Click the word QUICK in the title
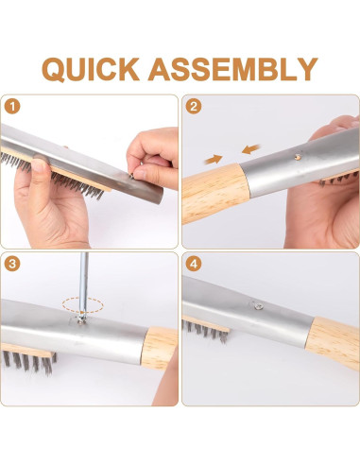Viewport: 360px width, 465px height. click(91, 69)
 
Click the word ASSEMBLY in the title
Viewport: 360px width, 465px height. click(232, 69)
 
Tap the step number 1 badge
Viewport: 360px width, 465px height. click(12, 107)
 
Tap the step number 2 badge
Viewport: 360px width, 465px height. click(194, 107)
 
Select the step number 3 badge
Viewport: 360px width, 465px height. click(12, 264)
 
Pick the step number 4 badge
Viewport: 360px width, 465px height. click(194, 264)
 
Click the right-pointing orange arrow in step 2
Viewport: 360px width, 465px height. click(214, 160)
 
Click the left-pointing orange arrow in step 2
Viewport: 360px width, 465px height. click(251, 149)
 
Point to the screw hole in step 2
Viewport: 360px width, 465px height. click(297, 156)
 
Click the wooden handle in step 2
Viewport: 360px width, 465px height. click(215, 193)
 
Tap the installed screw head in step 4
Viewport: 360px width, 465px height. click(258, 305)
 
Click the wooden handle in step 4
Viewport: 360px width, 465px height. click(334, 342)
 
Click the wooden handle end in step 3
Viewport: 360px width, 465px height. click(159, 347)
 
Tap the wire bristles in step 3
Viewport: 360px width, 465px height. click(30, 362)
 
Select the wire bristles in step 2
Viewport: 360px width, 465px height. click(337, 179)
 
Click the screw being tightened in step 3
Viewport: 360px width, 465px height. click(82, 320)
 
